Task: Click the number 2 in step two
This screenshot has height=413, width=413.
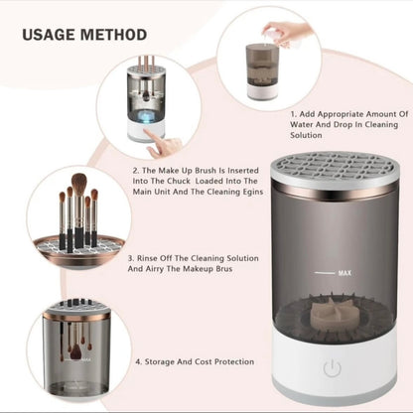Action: pyautogui.click(x=134, y=171)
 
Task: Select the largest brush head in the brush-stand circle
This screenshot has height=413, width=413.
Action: pyautogui.click(x=78, y=185)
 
